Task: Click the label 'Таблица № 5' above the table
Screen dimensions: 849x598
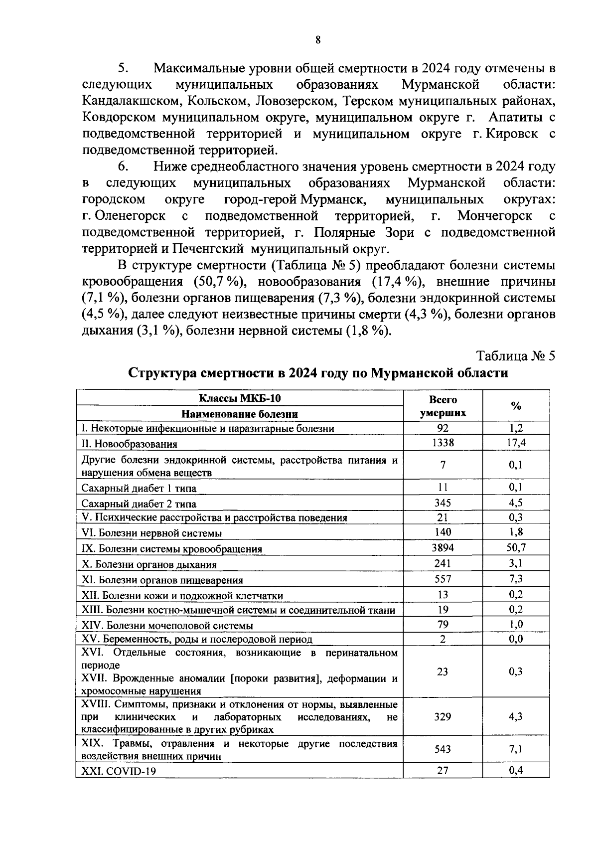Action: pos(515,356)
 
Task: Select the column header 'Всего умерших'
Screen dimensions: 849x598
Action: pos(443,406)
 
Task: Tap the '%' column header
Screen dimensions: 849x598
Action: pos(516,406)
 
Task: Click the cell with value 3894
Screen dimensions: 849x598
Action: pos(443,547)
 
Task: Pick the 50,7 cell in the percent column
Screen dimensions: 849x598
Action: pos(516,547)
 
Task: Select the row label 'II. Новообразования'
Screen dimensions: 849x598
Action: pos(129,444)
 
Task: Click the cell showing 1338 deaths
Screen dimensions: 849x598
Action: pos(443,442)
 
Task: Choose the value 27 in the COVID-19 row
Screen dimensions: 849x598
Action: pos(443,770)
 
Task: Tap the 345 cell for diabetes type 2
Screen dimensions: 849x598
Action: pos(443,503)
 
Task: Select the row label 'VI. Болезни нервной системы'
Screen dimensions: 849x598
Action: pos(151,533)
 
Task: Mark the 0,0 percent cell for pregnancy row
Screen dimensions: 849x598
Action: pos(516,639)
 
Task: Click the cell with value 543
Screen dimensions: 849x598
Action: pos(443,749)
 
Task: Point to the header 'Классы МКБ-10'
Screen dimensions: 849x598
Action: pos(240,398)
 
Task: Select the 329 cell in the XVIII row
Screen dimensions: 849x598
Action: pos(443,716)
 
